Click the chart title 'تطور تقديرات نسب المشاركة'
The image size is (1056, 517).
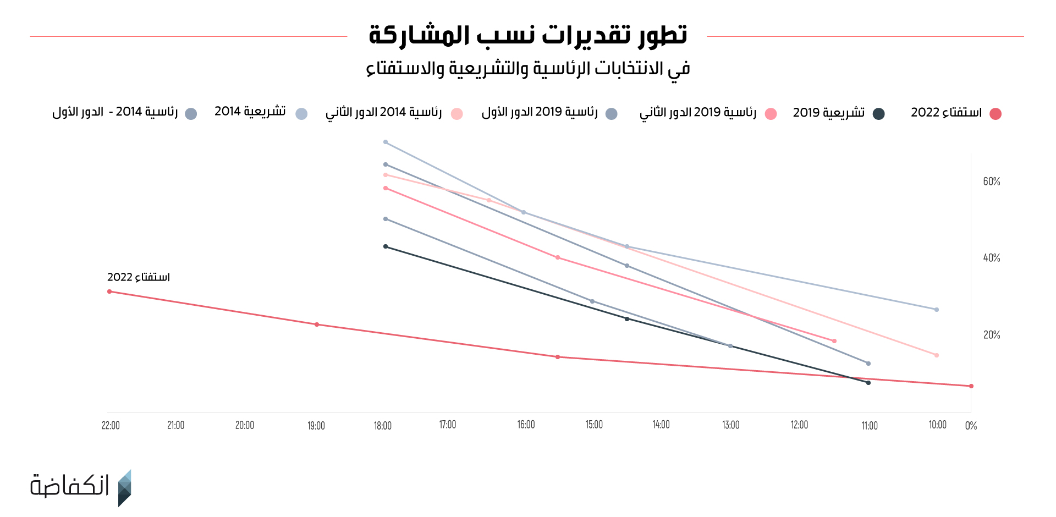[528, 35]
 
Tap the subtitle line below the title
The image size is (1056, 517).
[528, 69]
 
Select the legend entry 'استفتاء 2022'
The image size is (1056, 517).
[956, 113]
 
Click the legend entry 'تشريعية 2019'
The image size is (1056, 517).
[838, 113]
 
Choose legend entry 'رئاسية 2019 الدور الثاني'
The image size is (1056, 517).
[707, 113]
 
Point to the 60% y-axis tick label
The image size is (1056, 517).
[991, 182]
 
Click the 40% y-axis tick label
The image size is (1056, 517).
[991, 258]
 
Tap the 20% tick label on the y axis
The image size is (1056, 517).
[991, 335]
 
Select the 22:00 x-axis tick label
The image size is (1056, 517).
[111, 425]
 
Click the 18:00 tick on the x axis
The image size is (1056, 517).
[383, 426]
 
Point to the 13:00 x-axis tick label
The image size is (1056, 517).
[730, 425]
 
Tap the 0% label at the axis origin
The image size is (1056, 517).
[971, 426]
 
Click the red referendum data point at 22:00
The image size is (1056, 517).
[109, 291]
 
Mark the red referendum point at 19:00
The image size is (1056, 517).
[317, 324]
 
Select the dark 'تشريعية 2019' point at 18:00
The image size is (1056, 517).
[386, 246]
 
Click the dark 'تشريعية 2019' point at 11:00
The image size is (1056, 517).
[868, 383]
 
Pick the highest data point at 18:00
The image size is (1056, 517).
[386, 142]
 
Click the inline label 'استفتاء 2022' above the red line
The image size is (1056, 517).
[139, 277]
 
